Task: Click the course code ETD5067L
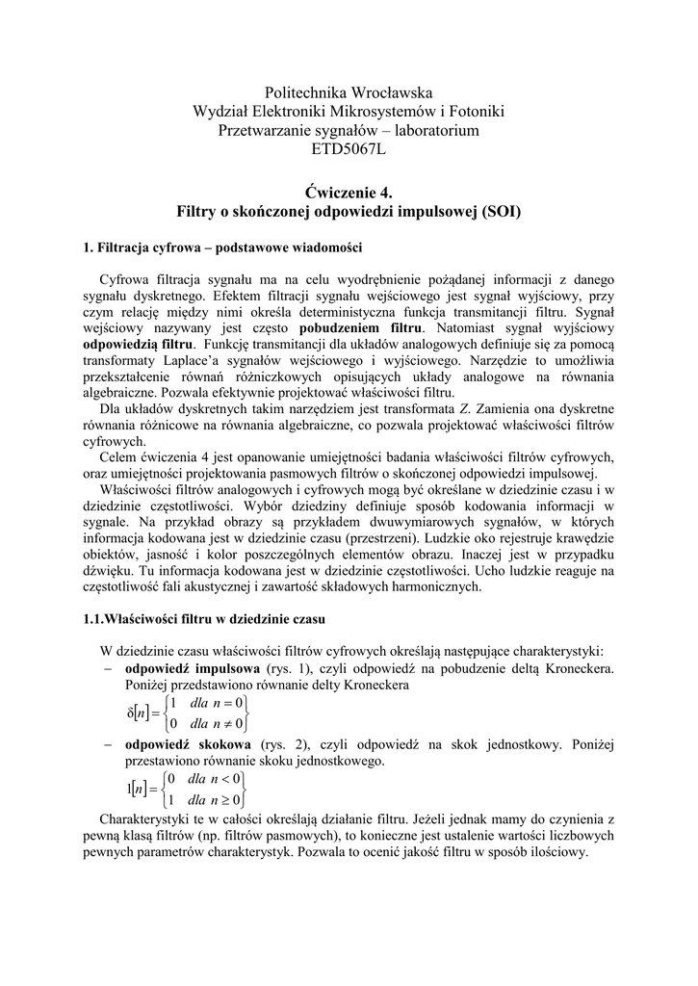[349, 150]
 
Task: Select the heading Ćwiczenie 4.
[349, 192]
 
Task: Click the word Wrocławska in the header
[390, 91]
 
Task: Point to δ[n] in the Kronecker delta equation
[142, 713]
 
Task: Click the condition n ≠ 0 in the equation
[227, 723]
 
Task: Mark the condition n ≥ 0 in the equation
[226, 799]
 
